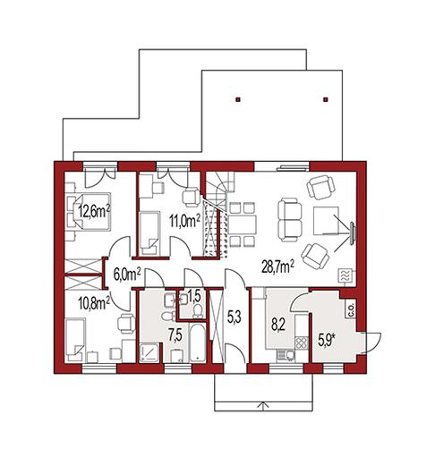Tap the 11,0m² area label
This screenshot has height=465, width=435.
(185, 221)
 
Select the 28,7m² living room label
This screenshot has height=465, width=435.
(278, 266)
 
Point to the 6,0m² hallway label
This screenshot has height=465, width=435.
(127, 275)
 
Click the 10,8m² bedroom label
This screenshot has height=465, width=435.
(94, 303)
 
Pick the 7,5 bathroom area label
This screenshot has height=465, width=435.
(175, 335)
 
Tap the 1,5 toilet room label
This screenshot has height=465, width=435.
(194, 296)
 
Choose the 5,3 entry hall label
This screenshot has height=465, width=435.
(235, 317)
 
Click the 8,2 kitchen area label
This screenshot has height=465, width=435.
(278, 325)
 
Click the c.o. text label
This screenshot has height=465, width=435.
(350, 309)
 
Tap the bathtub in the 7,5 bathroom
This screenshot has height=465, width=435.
(197, 342)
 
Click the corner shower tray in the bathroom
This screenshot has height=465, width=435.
(150, 353)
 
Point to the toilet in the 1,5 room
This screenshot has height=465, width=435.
(197, 311)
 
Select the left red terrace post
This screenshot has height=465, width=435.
(238, 100)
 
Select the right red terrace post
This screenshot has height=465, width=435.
(326, 100)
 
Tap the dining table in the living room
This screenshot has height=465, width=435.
(243, 224)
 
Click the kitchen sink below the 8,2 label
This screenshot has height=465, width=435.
(285, 355)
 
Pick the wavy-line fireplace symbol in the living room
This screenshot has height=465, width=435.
(345, 275)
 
